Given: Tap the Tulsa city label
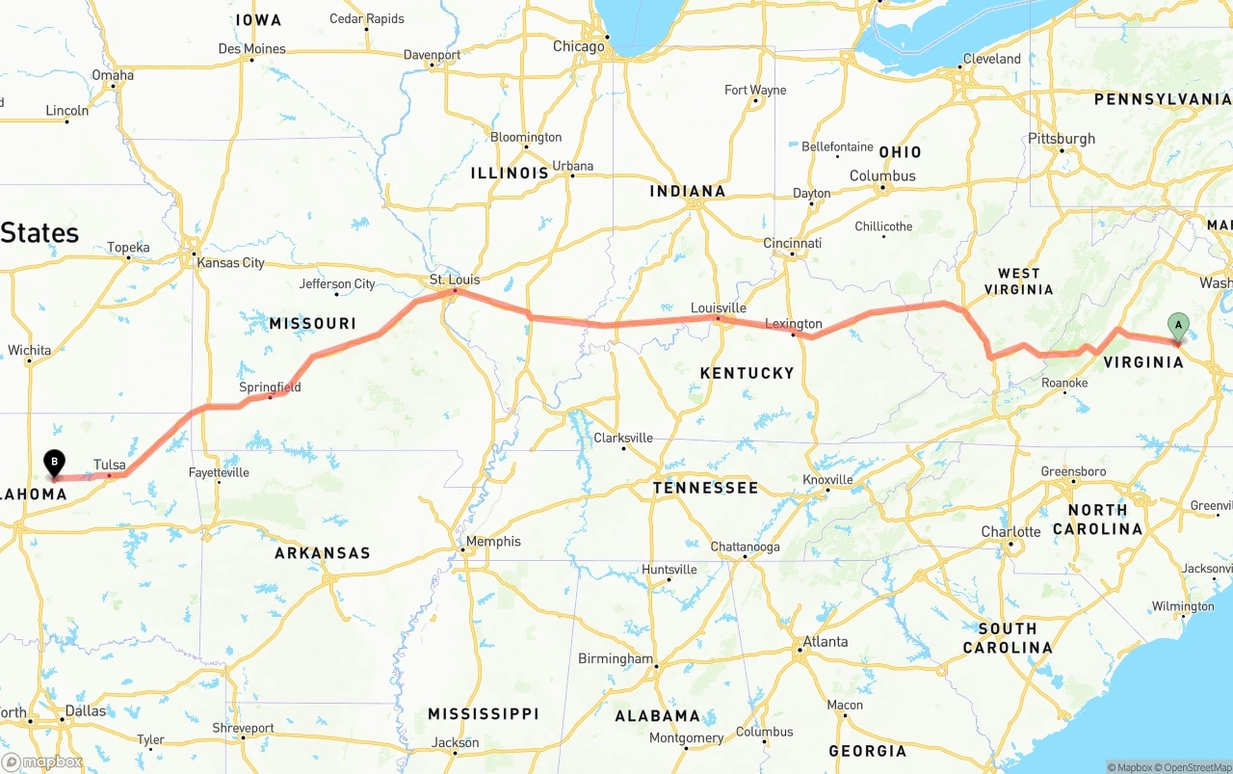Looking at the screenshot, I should tap(110, 465).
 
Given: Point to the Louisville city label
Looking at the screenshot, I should tap(719, 307).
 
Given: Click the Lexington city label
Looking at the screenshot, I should tap(794, 323).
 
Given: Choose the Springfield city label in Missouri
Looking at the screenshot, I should tap(270, 387).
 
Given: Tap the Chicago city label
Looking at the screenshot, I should tap(579, 46).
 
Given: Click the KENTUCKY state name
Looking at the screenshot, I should tap(747, 373).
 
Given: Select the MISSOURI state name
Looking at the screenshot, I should tap(312, 323).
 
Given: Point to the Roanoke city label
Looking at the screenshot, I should tap(1064, 383).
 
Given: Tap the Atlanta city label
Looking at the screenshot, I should tap(826, 641).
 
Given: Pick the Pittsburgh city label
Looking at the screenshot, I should tap(1062, 138).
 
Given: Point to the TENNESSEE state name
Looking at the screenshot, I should tap(705, 488).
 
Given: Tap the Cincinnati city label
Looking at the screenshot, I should tap(792, 243).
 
